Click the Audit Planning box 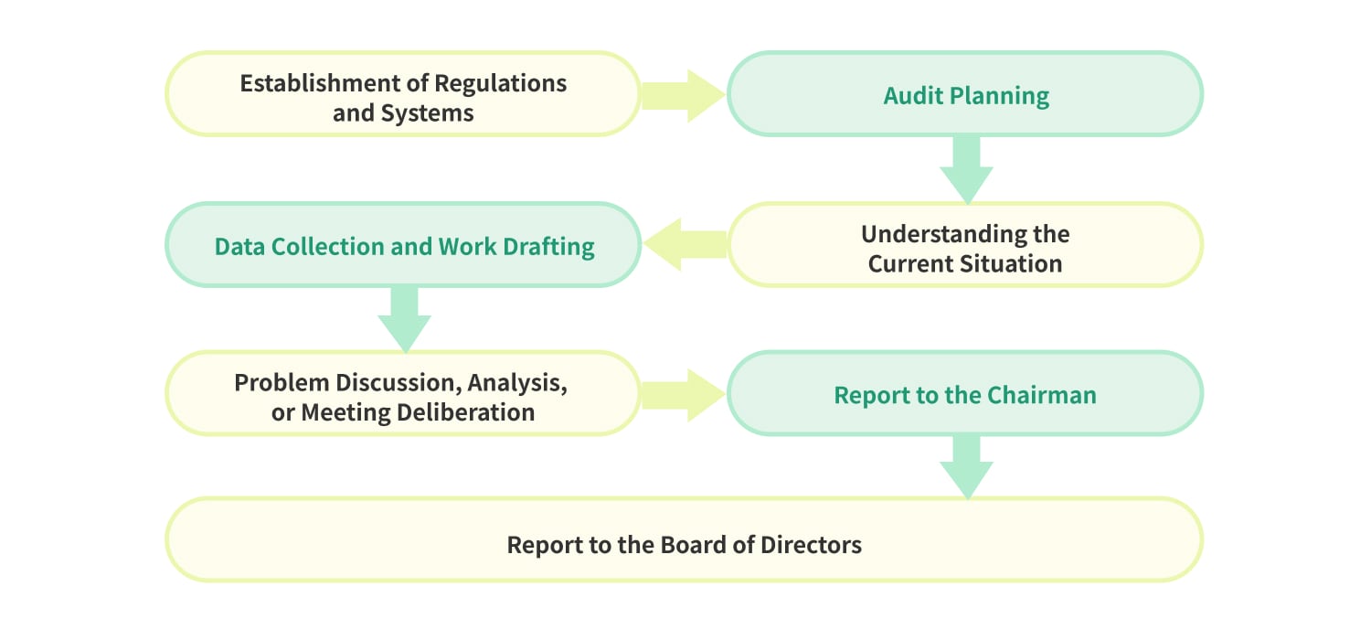coord(965,93)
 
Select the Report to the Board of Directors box coord(685,539)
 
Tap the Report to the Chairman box coord(965,393)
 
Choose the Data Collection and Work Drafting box coord(403,244)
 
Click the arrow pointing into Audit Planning coord(684,95)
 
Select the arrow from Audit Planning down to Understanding coord(966,170)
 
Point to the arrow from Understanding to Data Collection coord(685,244)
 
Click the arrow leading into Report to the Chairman coord(684,395)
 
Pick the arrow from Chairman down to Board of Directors coord(966,467)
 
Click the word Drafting coord(548,247)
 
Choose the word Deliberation coord(466,412)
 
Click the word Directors coord(811,545)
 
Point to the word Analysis coord(517,383)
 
